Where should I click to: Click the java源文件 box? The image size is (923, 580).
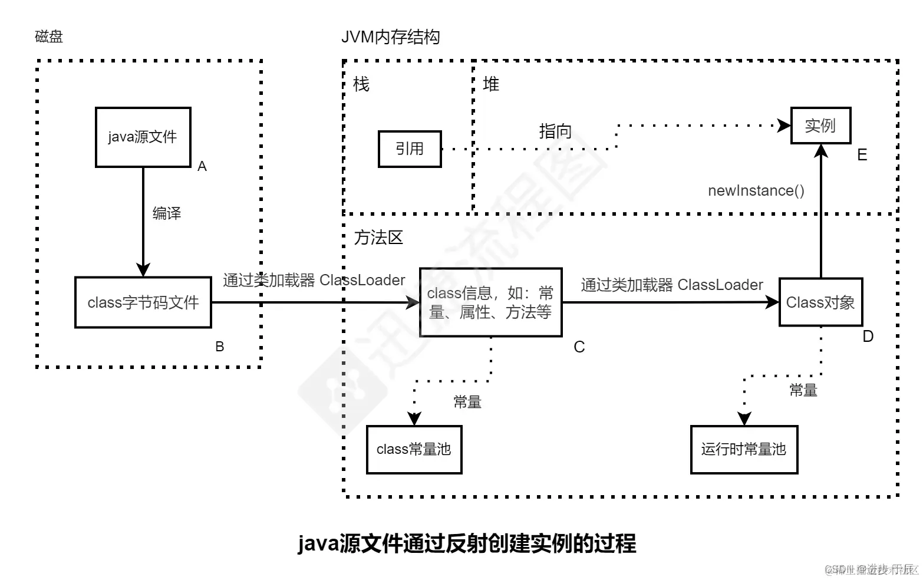point(143,137)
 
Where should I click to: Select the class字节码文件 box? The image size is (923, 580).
point(143,302)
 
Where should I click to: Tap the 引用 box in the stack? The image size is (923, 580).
point(410,149)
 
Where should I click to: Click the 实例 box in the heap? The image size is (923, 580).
point(820,126)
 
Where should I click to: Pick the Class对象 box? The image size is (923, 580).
point(820,302)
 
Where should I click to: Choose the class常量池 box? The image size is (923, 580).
point(414,449)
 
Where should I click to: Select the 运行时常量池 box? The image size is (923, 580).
point(744,449)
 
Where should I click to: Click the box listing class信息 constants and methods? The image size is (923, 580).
point(490,302)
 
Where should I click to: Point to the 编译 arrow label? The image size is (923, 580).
point(167,213)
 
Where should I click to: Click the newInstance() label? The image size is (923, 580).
point(756,190)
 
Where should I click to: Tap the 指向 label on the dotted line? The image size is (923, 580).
point(555,131)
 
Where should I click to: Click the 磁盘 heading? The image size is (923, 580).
point(49,37)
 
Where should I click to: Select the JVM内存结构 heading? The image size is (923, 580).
point(391,37)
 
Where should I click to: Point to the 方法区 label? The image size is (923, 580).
point(378,238)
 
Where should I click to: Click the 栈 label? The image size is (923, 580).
point(361,84)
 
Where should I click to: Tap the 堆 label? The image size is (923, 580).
point(490,84)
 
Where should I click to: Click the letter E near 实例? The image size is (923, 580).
point(862,155)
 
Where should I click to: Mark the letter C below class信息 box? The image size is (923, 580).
point(579,347)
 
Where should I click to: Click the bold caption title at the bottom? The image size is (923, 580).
point(467,543)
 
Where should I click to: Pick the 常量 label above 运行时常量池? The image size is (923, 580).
point(803,390)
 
